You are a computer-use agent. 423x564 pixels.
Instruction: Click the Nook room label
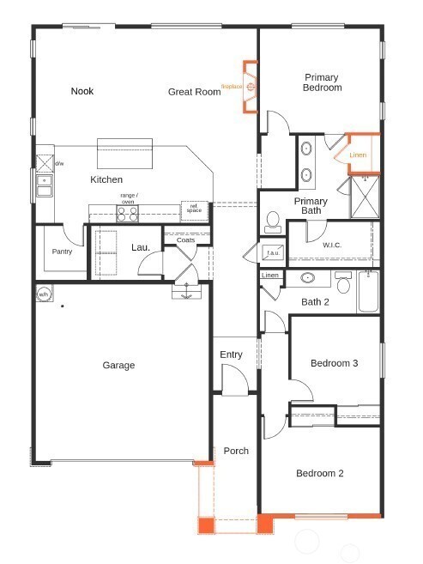pos(82,91)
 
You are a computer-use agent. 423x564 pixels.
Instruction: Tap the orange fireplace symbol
pos(250,87)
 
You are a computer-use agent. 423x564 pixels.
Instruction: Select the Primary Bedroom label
pos(322,82)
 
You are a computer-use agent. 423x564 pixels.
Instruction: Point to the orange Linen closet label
pos(358,155)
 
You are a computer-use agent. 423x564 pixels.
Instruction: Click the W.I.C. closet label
pos(333,245)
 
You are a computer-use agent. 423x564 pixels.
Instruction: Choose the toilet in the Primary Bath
pos(272,222)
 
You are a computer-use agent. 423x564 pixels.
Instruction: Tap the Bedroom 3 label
pos(334,363)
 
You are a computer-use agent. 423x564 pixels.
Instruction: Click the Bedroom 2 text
pos(320,473)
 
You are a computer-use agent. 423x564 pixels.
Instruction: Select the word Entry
pos(231,355)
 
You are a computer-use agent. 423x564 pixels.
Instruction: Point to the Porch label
pos(236,451)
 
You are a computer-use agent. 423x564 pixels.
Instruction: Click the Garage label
pos(118,365)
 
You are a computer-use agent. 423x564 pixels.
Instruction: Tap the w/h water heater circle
pos(44,294)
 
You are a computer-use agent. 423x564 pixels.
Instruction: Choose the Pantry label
pos(62,252)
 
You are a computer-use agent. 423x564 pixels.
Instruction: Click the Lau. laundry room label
pos(141,247)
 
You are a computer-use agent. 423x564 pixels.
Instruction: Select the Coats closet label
pos(185,240)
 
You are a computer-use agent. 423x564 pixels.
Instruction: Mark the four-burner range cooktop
pos(128,215)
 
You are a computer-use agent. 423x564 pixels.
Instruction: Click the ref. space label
pos(194,208)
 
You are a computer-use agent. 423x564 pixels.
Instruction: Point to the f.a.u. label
pos(272,253)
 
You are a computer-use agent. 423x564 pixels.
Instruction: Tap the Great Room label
pos(194,92)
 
